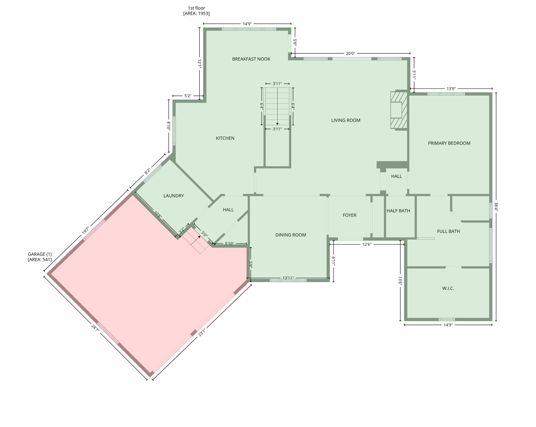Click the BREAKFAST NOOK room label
coord(251,59)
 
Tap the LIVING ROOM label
coord(346,120)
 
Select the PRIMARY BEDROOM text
coord(449,143)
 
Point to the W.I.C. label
coord(448,289)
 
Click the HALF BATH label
coord(398,211)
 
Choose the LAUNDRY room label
coord(174,196)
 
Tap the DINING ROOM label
coord(291,235)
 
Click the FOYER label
coord(350,215)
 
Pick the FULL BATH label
coord(448,231)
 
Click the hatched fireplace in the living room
coord(398,110)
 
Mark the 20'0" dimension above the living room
coord(350,53)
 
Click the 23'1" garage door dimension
coord(202,332)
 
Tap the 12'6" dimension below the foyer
coord(367,244)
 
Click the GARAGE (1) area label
coord(40,257)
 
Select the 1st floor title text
coord(196,8)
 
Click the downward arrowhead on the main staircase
coord(277,124)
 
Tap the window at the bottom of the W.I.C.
coord(447,319)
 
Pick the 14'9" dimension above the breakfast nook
coord(247,24)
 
